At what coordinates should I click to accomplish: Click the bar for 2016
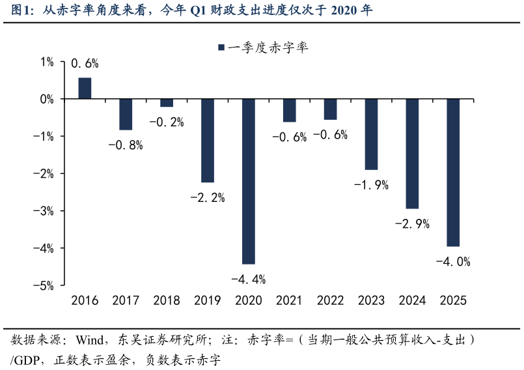85,89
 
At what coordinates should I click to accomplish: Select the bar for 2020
248,181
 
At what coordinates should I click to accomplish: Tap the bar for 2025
453,173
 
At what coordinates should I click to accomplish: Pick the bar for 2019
208,140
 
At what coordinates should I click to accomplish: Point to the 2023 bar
371,134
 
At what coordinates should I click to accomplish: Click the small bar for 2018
167,103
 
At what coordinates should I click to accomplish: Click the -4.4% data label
248,279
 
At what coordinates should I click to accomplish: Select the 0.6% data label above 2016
85,64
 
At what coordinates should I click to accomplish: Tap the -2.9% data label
412,224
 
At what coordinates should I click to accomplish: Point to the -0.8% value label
126,145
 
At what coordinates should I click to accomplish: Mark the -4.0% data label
453,262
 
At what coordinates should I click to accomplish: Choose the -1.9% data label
371,185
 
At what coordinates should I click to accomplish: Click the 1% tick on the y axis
47,62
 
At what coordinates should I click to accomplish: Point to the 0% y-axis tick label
47,99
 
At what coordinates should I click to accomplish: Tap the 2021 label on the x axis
289,300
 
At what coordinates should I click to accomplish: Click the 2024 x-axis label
412,300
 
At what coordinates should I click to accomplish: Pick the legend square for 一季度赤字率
221,48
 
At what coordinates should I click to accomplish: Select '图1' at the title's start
21,10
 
